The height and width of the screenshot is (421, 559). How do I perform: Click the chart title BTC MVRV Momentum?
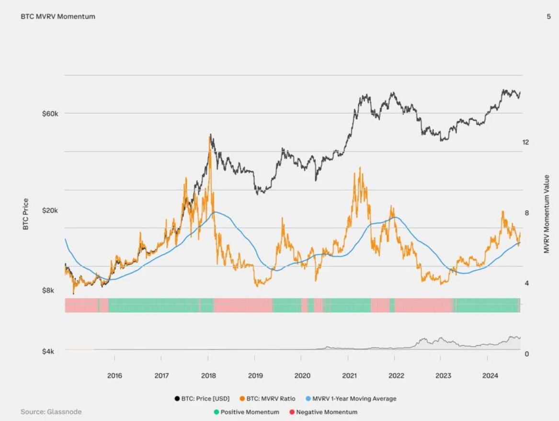(x=58, y=16)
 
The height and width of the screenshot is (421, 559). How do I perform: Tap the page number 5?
(x=548, y=16)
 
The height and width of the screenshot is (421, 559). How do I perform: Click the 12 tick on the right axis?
(x=526, y=142)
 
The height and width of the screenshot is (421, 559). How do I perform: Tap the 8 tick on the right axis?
(x=526, y=213)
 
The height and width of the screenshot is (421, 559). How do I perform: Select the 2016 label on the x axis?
(x=114, y=375)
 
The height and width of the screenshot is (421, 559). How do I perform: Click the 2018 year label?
(x=208, y=375)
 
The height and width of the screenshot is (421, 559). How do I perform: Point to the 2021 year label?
(x=349, y=375)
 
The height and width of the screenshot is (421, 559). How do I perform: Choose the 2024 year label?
(x=490, y=375)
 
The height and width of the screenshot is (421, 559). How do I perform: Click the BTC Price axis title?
(x=25, y=214)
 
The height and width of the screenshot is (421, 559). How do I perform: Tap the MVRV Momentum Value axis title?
(x=546, y=214)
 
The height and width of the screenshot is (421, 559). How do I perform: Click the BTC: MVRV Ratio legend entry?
(x=268, y=398)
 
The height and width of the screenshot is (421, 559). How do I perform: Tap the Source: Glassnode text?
(x=51, y=412)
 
